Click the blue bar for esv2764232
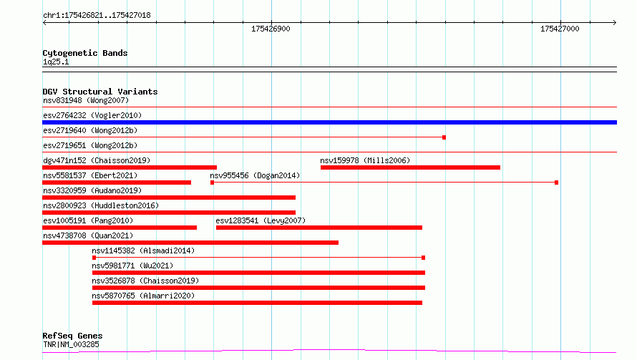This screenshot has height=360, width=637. click(329, 122)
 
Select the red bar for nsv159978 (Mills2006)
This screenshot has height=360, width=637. click(410, 167)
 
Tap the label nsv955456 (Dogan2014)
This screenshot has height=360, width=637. click(255, 175)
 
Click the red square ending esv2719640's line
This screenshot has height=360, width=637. click(444, 137)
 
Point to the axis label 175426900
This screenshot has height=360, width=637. click(271, 29)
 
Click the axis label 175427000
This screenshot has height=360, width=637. click(560, 29)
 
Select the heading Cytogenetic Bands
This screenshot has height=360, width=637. click(85, 53)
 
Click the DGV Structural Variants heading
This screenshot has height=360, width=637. click(100, 92)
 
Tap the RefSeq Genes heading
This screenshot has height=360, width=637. click(72, 336)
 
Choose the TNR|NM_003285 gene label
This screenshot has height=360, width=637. click(71, 344)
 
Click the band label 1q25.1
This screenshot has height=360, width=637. click(56, 62)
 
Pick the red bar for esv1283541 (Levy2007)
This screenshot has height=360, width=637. click(319, 228)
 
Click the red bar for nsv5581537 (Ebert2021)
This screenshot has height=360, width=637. click(117, 183)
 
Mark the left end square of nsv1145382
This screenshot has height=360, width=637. click(94, 258)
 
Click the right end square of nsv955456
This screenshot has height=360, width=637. click(557, 183)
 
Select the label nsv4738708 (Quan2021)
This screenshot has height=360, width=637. click(88, 235)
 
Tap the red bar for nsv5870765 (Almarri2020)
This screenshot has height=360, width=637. click(257, 303)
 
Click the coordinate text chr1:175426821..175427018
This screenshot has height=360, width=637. click(97, 15)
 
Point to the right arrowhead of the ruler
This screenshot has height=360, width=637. click(615, 22)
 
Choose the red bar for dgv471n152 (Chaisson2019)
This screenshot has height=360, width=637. click(130, 167)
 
